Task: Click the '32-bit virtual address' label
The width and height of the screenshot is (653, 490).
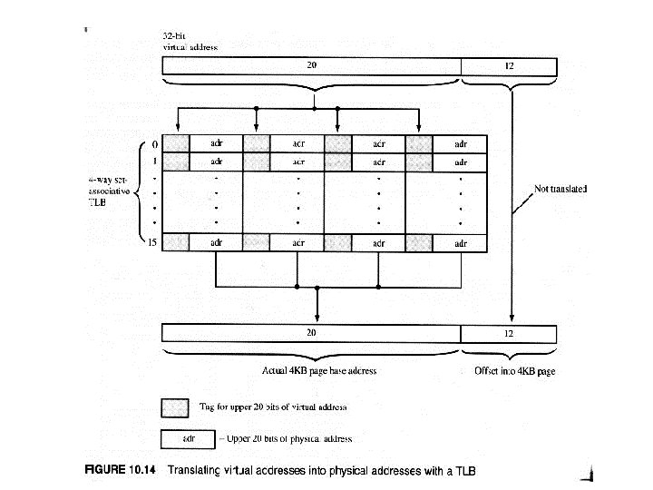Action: pos(189,41)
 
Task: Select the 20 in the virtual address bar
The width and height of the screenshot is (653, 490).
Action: pos(311,64)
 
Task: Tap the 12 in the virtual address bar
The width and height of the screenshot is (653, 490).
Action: pos(508,64)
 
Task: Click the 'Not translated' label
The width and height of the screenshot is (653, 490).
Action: pos(560,189)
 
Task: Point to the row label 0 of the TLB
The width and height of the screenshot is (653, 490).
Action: pos(154,143)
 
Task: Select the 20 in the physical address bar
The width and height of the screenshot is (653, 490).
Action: pos(311,332)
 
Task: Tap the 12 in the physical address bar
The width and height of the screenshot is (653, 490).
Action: pos(508,332)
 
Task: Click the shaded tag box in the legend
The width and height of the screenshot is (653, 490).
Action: pos(175,406)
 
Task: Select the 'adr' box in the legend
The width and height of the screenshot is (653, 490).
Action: pos(189,438)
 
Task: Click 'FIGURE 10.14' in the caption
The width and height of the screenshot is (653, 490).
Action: pos(118,470)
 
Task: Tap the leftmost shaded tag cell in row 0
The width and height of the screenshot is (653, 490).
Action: pos(176,143)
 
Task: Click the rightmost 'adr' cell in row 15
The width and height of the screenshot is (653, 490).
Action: pos(460,242)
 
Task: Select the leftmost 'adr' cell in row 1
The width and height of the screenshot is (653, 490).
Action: pos(216,162)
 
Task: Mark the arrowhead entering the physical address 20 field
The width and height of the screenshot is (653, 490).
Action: pos(317,318)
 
